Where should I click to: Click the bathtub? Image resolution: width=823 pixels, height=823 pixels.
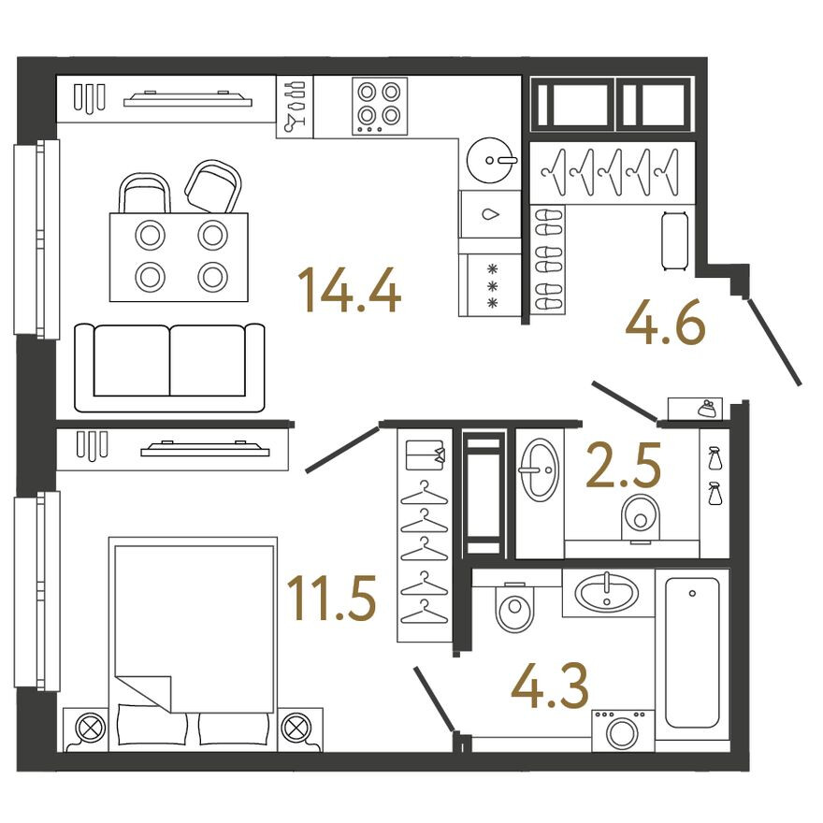click(692, 652)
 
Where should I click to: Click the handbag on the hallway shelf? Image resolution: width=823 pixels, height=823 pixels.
click(705, 409)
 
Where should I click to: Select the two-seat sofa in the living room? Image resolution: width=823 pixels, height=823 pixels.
click(169, 367)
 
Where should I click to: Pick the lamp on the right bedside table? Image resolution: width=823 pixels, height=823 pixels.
click(295, 727)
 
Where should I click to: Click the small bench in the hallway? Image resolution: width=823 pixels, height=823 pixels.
click(675, 241)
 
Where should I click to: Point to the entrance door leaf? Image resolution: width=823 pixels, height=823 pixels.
click(774, 341)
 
